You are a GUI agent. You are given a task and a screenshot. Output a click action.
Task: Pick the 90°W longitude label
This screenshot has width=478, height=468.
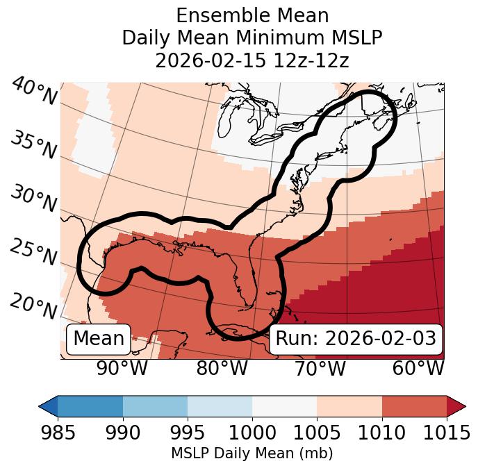click(x=123, y=368)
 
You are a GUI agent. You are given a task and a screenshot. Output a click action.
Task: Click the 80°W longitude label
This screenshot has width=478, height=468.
click(x=222, y=368)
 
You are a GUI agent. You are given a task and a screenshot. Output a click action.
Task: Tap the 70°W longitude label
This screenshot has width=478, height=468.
click(x=320, y=368)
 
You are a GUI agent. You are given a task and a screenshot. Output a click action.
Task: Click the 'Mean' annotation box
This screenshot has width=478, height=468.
click(x=99, y=339)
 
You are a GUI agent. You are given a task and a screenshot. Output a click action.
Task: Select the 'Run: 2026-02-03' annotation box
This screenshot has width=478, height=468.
click(x=356, y=339)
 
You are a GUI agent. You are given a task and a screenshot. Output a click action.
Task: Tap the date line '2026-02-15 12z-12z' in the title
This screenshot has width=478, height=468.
click(x=252, y=60)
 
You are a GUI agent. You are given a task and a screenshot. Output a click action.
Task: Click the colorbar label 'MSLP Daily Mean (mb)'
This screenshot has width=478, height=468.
click(x=252, y=453)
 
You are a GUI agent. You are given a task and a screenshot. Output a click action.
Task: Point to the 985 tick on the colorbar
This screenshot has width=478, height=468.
click(x=58, y=433)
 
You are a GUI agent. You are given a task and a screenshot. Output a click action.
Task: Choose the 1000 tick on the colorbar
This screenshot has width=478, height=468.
click(x=252, y=433)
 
